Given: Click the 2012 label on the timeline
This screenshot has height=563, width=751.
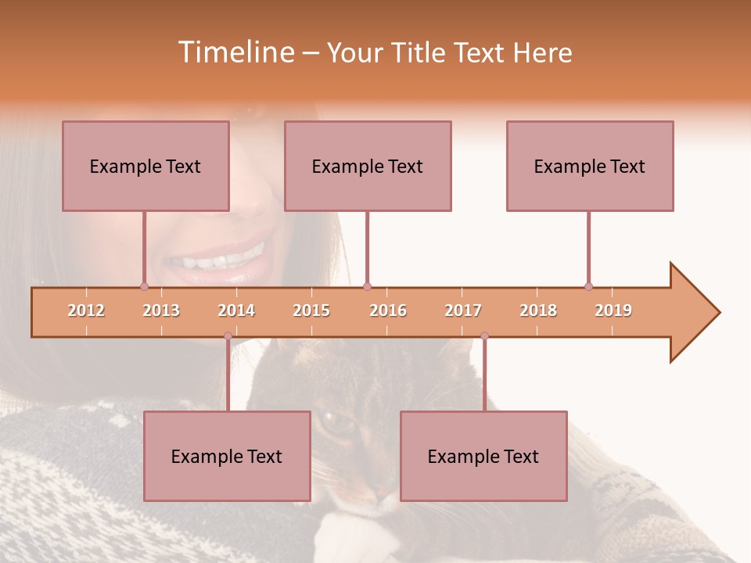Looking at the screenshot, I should click(x=86, y=310).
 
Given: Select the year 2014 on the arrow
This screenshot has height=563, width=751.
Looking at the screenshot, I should click(x=236, y=310).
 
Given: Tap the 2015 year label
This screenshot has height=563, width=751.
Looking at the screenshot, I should click(x=311, y=310).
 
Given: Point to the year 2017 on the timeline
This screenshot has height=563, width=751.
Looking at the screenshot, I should click(x=463, y=310).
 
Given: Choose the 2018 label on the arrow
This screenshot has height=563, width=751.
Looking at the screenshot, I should click(x=538, y=310).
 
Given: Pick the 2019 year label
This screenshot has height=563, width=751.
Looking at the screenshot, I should click(x=613, y=310).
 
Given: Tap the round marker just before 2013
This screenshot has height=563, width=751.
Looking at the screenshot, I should click(x=144, y=286).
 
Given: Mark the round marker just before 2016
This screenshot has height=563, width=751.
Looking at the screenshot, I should click(x=367, y=286).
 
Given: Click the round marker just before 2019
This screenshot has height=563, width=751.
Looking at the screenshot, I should click(x=588, y=286).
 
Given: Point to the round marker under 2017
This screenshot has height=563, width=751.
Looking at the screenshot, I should click(x=484, y=336).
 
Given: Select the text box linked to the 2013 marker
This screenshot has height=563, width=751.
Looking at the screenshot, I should click(x=146, y=166).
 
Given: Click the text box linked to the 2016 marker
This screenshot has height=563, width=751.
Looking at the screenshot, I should click(x=368, y=166).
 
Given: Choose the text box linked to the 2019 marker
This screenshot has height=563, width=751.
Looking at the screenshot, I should click(x=590, y=166).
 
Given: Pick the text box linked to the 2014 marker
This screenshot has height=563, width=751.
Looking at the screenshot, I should click(x=227, y=456).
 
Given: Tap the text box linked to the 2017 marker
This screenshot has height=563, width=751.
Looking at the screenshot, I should click(x=483, y=456).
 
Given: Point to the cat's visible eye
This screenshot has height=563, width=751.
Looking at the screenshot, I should click(x=336, y=422).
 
